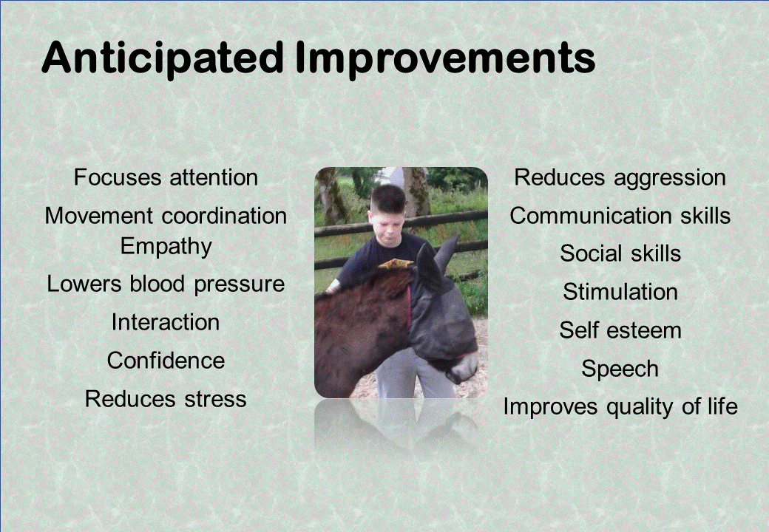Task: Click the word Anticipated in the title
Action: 163,59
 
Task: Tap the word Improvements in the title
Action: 445,59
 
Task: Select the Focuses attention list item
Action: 166,177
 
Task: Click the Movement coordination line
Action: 166,216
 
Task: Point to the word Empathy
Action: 166,246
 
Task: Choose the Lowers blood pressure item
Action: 166,284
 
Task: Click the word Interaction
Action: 166,322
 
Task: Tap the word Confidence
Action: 166,361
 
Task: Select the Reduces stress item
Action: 166,399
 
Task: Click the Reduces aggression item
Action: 620,178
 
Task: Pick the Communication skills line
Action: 620,216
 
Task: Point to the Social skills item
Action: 620,253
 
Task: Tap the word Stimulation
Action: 620,292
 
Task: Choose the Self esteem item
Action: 620,330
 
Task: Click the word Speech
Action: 620,369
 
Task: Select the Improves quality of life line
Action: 620,407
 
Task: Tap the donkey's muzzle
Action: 463,367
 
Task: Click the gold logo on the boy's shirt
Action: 396,265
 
